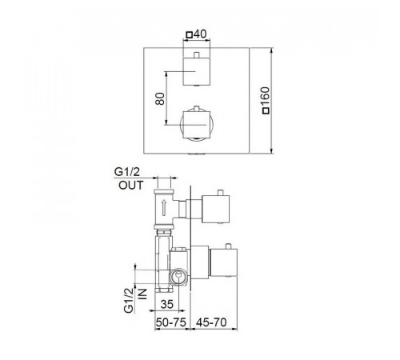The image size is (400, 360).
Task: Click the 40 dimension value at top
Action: [200, 34]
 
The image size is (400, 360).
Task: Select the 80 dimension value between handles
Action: [160, 98]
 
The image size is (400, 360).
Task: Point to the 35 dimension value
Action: [167, 304]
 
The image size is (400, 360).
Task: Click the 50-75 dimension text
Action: [170, 322]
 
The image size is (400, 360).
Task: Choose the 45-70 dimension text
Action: [211, 322]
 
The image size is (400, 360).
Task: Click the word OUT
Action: [131, 186]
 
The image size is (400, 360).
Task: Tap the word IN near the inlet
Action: [142, 294]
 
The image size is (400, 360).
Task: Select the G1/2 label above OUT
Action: [127, 172]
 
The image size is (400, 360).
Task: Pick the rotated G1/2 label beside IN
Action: [129, 300]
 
